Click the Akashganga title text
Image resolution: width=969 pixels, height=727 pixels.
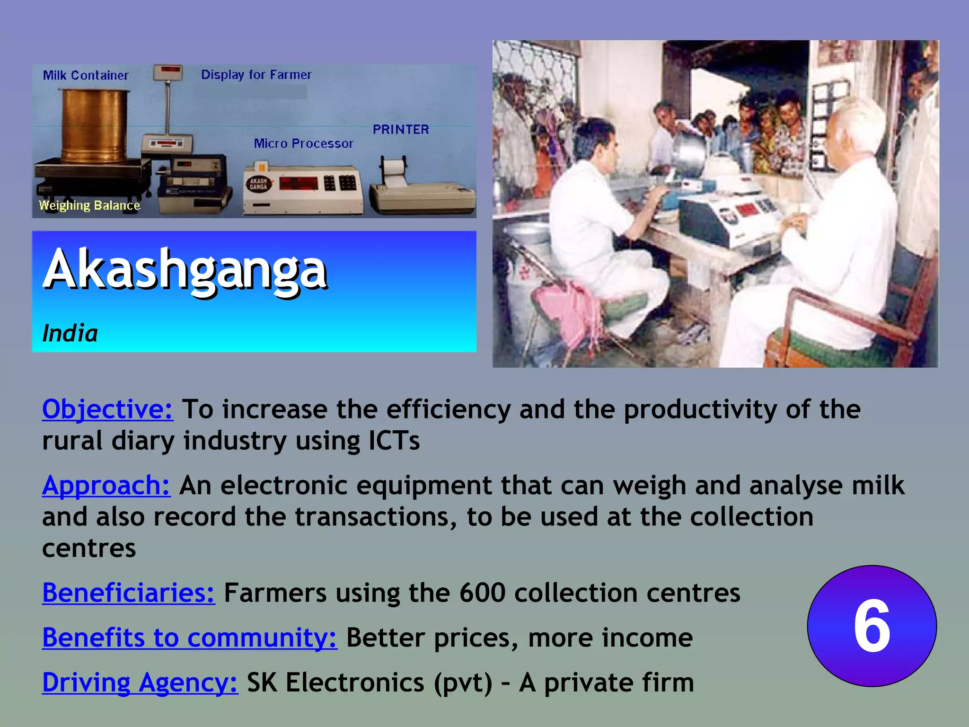[x=185, y=270]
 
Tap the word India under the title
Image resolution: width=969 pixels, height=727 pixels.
[x=70, y=334]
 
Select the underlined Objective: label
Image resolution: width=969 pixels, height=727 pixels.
[x=107, y=409]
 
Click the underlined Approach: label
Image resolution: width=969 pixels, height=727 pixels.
[x=106, y=486]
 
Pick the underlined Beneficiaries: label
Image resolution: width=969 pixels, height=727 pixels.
[x=128, y=593]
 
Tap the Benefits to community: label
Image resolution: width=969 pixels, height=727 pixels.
[x=189, y=638]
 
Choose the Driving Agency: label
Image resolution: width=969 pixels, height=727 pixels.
[x=140, y=683]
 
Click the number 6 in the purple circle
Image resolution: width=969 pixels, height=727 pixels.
[x=872, y=626]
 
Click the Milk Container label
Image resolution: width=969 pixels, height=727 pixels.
[x=86, y=76]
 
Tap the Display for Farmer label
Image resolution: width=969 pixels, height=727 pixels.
[x=256, y=75]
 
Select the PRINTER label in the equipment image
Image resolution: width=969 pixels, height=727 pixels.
[x=401, y=130]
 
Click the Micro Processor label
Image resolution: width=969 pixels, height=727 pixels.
[x=303, y=143]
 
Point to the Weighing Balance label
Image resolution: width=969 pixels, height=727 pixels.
[x=89, y=205]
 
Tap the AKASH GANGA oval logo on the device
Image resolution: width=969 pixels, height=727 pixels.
[x=258, y=184]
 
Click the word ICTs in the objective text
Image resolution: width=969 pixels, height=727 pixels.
[x=394, y=441]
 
